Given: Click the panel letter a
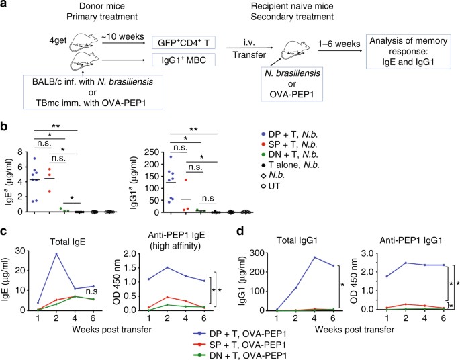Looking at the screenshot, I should coord(5,6).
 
